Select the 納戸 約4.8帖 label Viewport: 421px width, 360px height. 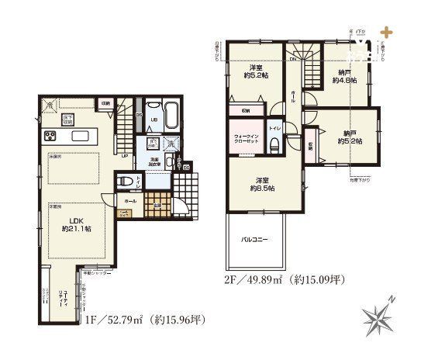343,75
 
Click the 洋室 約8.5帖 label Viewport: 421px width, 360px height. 261,183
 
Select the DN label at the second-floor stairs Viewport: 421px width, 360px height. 294,60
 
